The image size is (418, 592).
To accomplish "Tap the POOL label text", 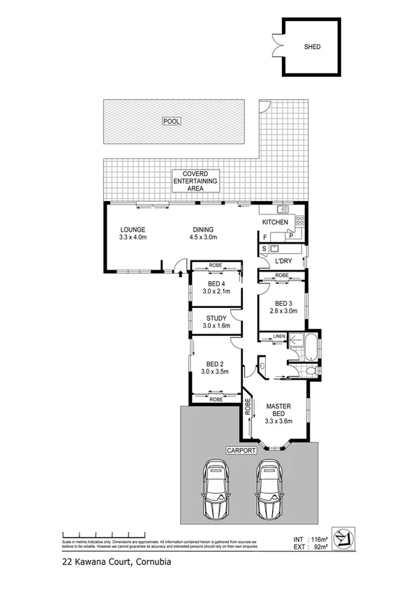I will pos(171,121).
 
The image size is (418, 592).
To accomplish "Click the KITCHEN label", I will pos(275,222).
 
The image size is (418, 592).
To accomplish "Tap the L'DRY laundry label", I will pos(284,261).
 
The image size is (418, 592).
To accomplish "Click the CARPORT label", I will pos(240,451).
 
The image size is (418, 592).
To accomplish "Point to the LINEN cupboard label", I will pos(279,337).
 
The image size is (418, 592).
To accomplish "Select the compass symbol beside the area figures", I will pos(343,536).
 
